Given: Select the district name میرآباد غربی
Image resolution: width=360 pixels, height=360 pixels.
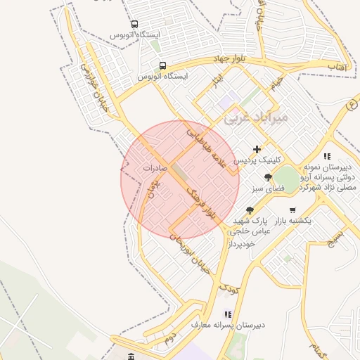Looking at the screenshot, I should [256, 118].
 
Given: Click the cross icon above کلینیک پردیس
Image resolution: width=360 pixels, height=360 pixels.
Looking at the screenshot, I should [257, 149].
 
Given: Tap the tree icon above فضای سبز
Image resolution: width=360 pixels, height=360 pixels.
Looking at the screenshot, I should [268, 177].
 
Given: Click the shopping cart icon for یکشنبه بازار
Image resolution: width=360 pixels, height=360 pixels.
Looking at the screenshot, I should [292, 210].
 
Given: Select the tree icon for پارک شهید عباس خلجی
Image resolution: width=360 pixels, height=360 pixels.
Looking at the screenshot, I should [250, 210].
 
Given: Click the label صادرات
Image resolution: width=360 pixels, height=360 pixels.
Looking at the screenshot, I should [155, 168].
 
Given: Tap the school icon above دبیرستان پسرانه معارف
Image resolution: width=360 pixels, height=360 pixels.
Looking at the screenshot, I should [227, 314].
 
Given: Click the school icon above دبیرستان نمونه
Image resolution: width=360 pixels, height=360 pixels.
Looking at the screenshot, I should [326, 156].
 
